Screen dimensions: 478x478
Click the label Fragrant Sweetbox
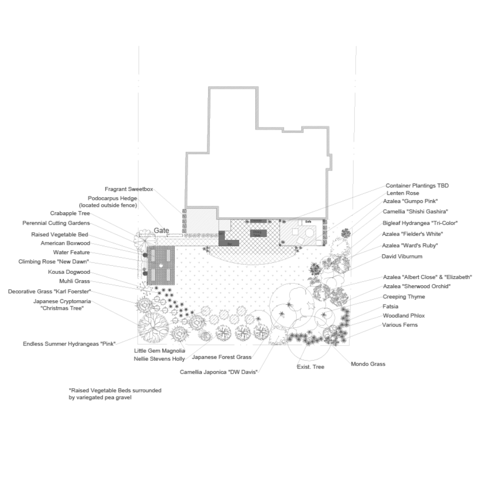[129, 189]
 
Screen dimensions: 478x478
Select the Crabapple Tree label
[70, 214]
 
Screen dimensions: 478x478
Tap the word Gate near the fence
[162, 231]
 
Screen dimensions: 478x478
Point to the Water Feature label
[71, 252]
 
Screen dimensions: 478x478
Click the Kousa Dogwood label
[69, 272]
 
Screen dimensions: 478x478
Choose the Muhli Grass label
[74, 282]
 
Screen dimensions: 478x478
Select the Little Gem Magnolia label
[159, 350]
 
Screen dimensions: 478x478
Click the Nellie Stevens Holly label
[159, 359]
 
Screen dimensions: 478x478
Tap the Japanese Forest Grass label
[221, 357]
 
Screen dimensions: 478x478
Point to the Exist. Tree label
[310, 367]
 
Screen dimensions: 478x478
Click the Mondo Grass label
[368, 364]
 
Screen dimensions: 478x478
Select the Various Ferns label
[400, 325]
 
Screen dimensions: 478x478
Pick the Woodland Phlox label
[403, 316]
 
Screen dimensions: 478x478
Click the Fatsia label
[390, 306]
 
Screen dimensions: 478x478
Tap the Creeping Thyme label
[403, 297]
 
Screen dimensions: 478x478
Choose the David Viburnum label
[402, 257]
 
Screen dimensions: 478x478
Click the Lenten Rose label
[402, 193]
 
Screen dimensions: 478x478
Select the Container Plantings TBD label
[417, 185]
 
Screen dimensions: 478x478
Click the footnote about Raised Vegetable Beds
[115, 393]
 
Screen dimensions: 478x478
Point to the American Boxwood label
[65, 243]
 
